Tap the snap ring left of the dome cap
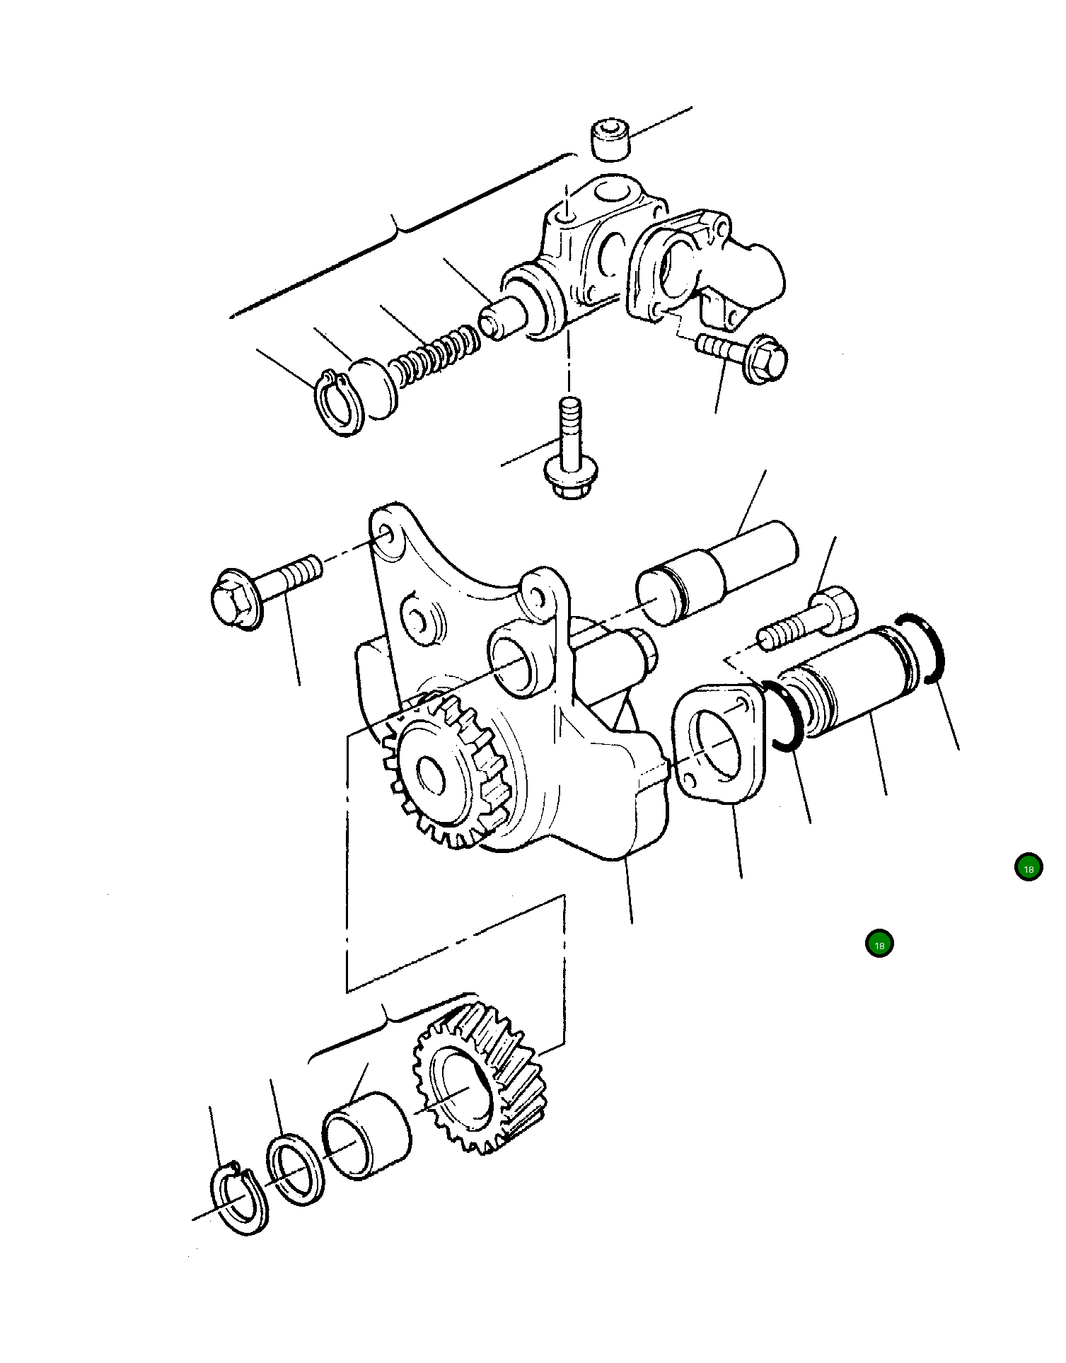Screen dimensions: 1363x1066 coord(338,405)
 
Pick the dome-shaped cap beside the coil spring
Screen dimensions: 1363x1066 coord(375,387)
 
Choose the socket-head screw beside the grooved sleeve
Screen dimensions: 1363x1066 coord(810,621)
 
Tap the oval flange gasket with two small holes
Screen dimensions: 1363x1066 coord(718,745)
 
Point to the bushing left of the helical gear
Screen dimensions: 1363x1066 coord(366,1135)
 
